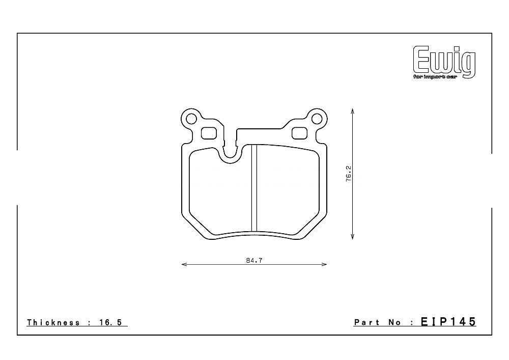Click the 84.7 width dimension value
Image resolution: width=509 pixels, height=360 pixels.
point(254,260)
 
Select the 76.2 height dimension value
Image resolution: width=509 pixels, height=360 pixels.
point(349,173)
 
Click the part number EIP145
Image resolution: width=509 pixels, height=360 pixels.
point(448,322)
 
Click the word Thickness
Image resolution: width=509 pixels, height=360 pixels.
point(53,322)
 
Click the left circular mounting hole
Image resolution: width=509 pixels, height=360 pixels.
point(191,119)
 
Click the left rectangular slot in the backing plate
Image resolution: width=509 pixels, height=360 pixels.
point(209,133)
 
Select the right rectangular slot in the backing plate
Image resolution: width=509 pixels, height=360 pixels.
point(299,133)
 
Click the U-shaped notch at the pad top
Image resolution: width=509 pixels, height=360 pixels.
point(231,150)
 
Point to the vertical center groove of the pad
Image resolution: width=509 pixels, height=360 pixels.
point(254,188)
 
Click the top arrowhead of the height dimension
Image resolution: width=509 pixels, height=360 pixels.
point(353,110)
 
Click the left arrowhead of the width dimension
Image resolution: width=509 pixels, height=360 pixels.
point(184,264)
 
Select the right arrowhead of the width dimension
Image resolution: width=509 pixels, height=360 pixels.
point(324,264)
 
